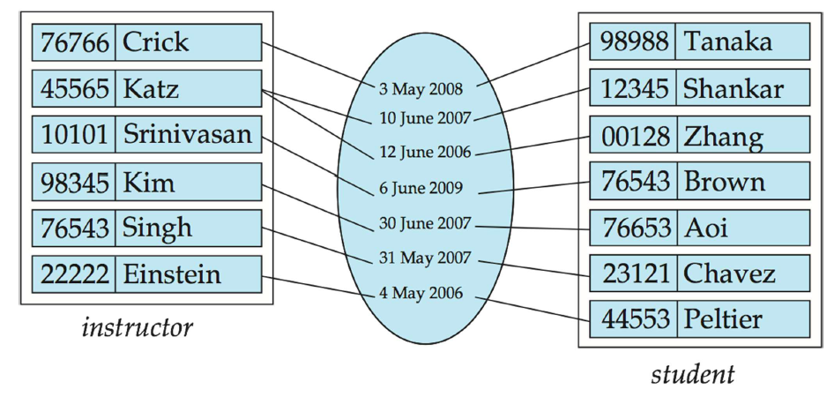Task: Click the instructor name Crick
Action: click(155, 41)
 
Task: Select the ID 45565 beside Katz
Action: click(74, 88)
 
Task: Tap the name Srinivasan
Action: click(187, 134)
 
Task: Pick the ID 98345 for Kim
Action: click(74, 182)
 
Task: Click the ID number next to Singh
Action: click(74, 228)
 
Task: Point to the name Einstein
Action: click(171, 274)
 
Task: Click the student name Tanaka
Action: click(728, 41)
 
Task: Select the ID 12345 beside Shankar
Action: click(632, 88)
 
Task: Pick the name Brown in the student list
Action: click(725, 182)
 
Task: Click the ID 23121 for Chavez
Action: click(632, 273)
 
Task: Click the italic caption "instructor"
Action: click(137, 328)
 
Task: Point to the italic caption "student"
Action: click(693, 374)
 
